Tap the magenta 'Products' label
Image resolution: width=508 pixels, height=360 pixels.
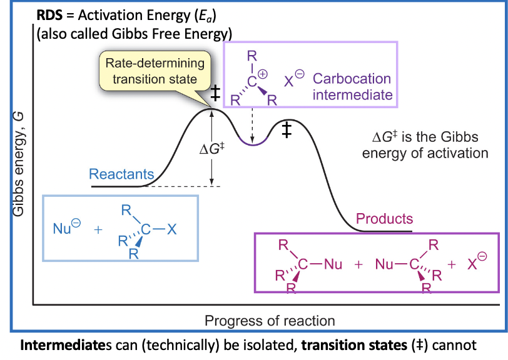point(384,219)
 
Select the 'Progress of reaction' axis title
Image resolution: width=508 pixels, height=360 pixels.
point(270,321)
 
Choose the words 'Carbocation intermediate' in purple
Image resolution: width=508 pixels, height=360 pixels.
point(352,87)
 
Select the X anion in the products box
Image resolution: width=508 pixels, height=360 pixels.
point(475,264)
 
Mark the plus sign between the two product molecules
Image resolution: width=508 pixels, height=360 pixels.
point(358,264)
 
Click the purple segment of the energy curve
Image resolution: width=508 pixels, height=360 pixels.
point(252,144)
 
